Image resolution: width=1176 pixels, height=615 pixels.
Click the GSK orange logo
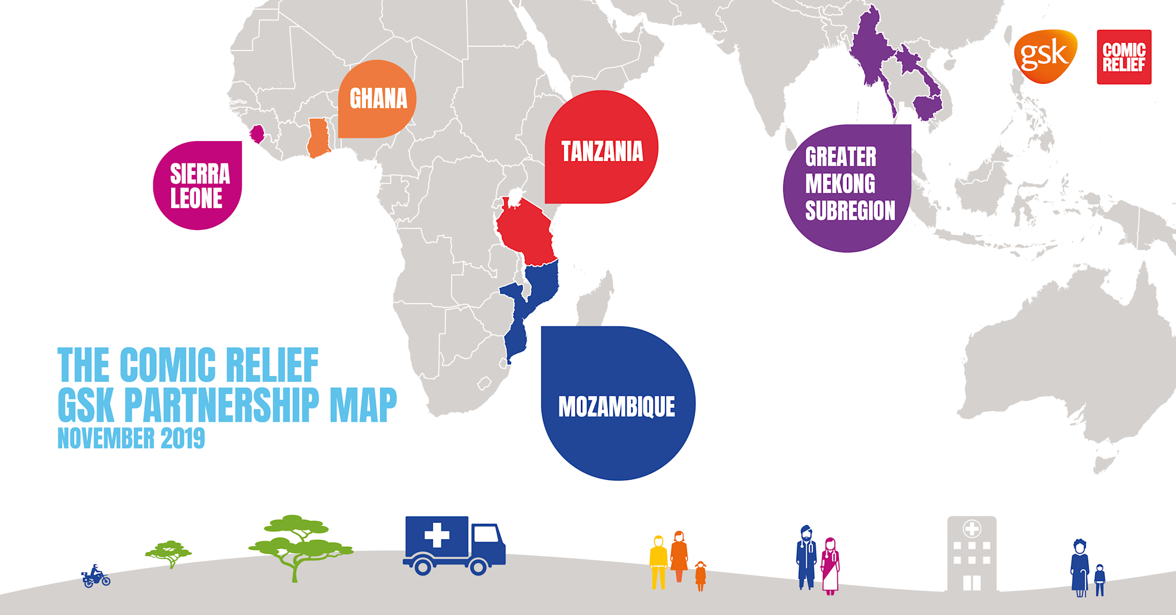(1045, 56)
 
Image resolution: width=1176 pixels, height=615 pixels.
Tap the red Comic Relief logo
(1124, 57)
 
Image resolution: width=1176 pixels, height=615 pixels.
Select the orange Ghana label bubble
(377, 99)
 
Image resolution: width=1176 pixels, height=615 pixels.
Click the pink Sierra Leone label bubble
(198, 185)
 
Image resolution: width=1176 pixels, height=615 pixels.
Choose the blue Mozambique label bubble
(618, 404)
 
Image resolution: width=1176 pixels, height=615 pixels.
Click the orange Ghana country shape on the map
(318, 138)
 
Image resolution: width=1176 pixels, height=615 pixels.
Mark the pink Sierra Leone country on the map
(257, 134)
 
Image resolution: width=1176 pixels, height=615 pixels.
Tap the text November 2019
(131, 438)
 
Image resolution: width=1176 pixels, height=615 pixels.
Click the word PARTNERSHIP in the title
(221, 405)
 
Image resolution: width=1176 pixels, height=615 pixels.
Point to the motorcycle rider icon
(96, 576)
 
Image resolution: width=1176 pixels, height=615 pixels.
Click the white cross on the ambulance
(436, 535)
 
